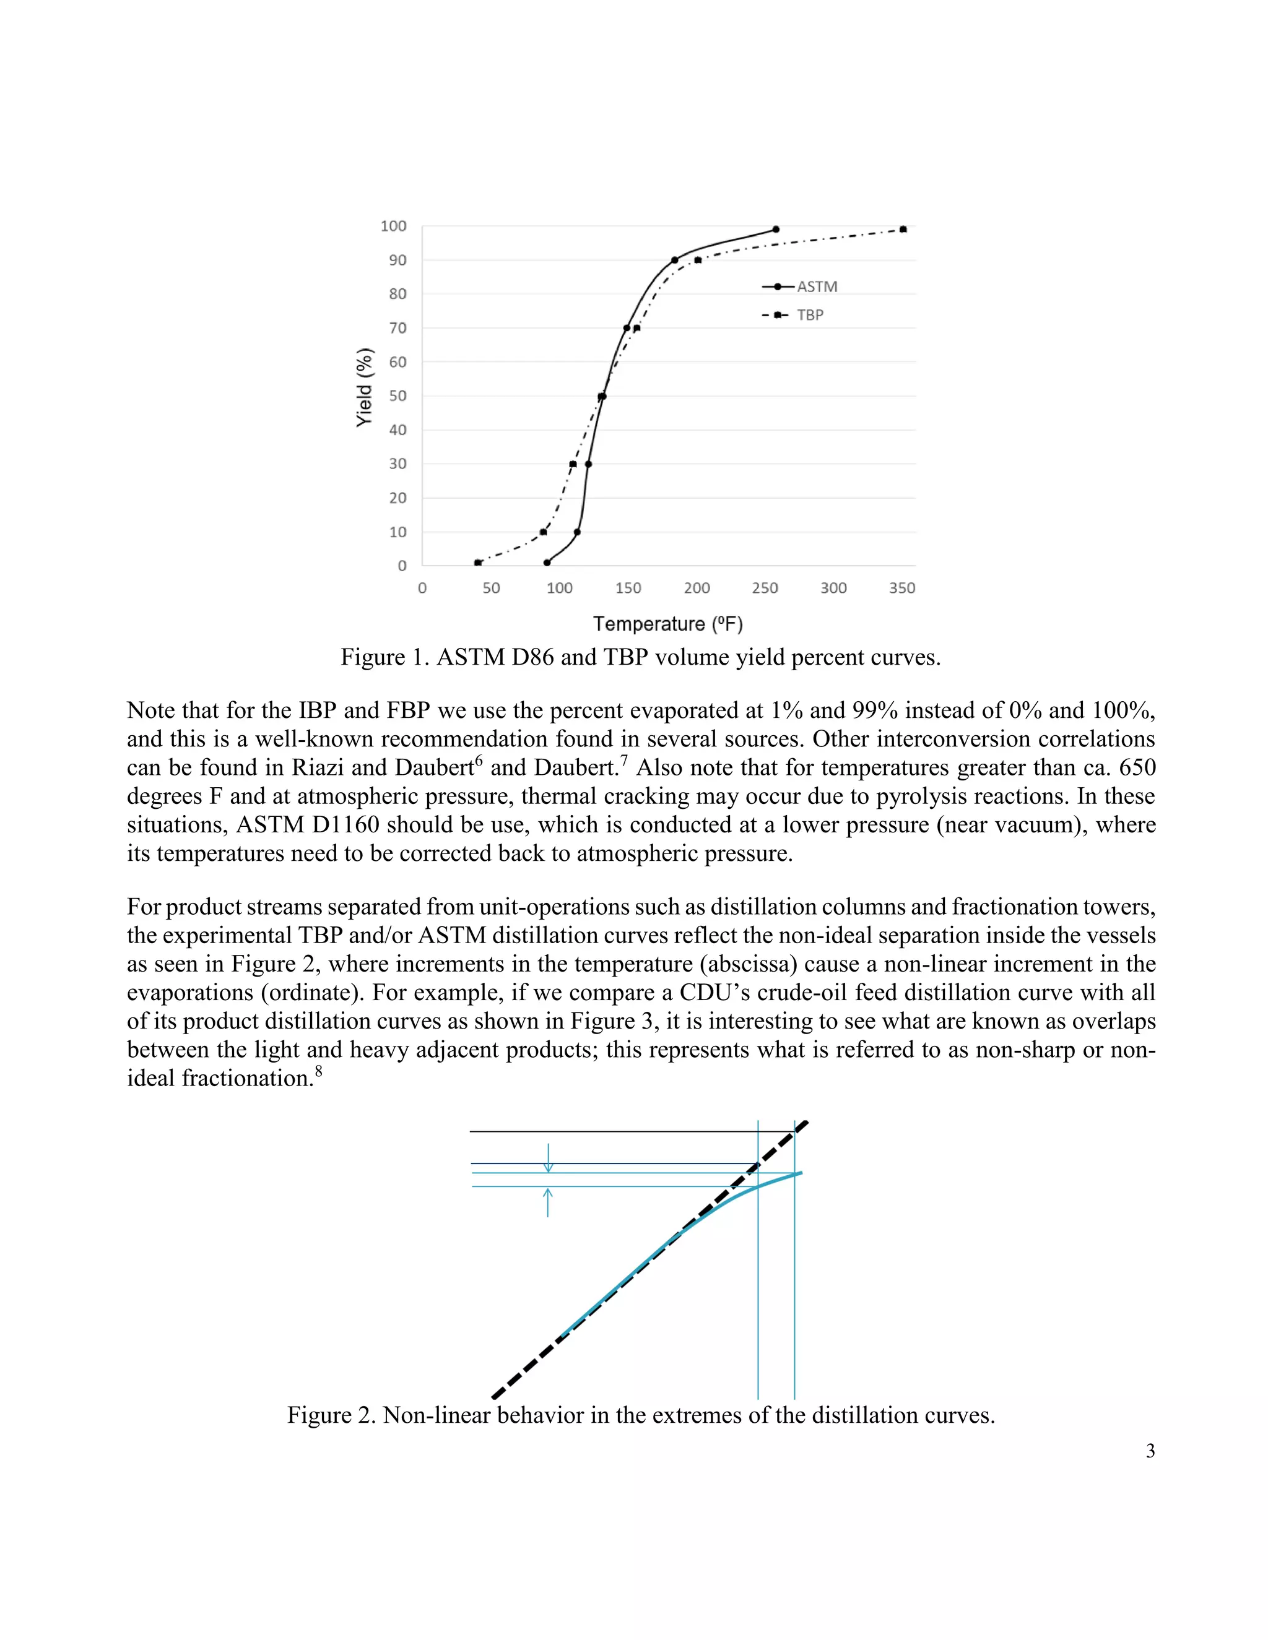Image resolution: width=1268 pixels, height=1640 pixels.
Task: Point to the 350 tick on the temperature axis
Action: (902, 589)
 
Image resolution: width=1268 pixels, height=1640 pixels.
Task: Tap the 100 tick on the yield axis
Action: (394, 227)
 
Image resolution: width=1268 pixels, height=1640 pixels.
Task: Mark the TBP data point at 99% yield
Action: (903, 230)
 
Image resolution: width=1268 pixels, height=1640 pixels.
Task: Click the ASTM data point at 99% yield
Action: (776, 230)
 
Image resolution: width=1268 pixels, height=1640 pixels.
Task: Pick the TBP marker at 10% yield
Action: (543, 532)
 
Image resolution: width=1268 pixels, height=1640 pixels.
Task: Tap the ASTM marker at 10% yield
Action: (577, 532)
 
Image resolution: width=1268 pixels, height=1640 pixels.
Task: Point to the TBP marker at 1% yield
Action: (478, 563)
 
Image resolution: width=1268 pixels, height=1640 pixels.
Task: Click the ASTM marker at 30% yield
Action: (588, 464)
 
